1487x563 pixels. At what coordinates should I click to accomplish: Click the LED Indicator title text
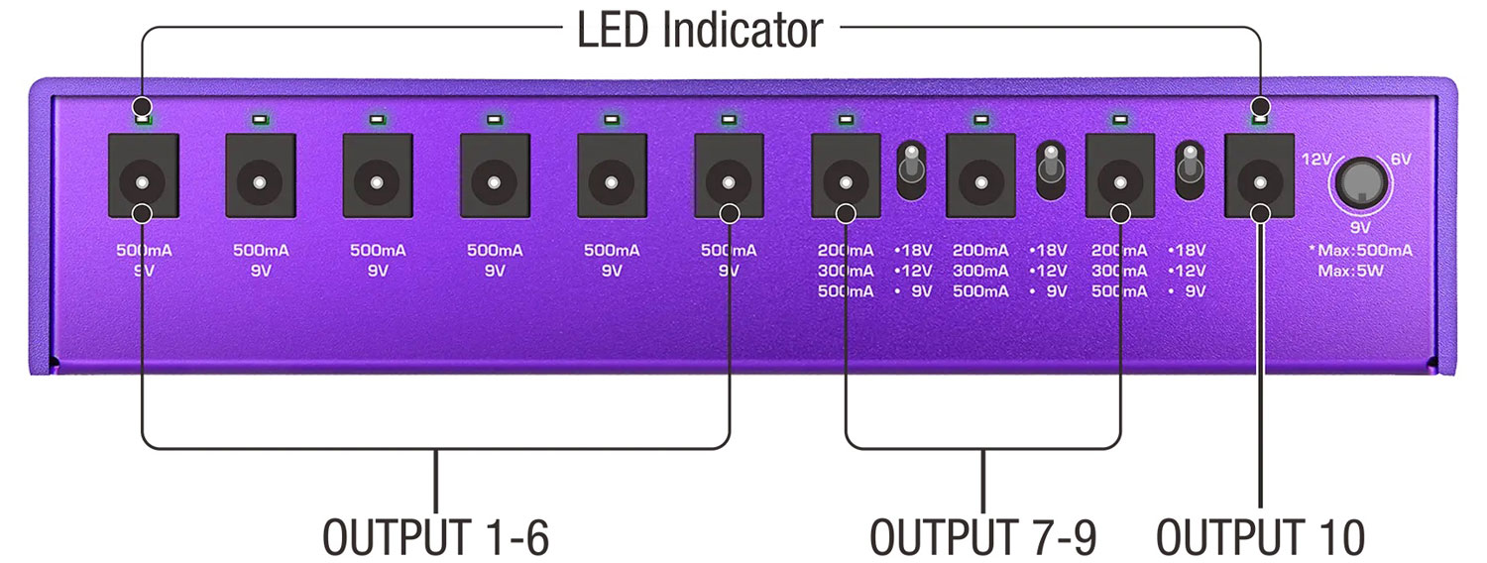(700, 30)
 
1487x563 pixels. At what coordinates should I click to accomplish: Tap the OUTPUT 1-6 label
(435, 536)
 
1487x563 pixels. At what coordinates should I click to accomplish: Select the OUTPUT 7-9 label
(983, 536)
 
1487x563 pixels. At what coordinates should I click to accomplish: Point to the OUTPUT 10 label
(1260, 536)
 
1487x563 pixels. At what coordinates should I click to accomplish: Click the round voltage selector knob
(1363, 183)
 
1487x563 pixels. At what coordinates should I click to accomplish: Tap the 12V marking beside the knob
(1315, 159)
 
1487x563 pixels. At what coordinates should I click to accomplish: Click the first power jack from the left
(142, 183)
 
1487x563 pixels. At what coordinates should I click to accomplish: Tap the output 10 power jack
(1259, 183)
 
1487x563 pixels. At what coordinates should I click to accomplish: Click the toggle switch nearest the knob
(1189, 170)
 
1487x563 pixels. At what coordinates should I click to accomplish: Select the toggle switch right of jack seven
(911, 170)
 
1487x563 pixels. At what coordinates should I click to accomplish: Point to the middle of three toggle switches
(1049, 170)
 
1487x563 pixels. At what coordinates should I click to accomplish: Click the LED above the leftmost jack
(143, 120)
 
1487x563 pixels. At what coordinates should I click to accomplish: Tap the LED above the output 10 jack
(1259, 120)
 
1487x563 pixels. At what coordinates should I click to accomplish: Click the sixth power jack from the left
(729, 183)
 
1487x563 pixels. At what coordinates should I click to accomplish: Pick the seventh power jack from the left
(846, 183)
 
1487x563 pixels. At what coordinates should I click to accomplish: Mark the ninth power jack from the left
(1120, 183)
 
